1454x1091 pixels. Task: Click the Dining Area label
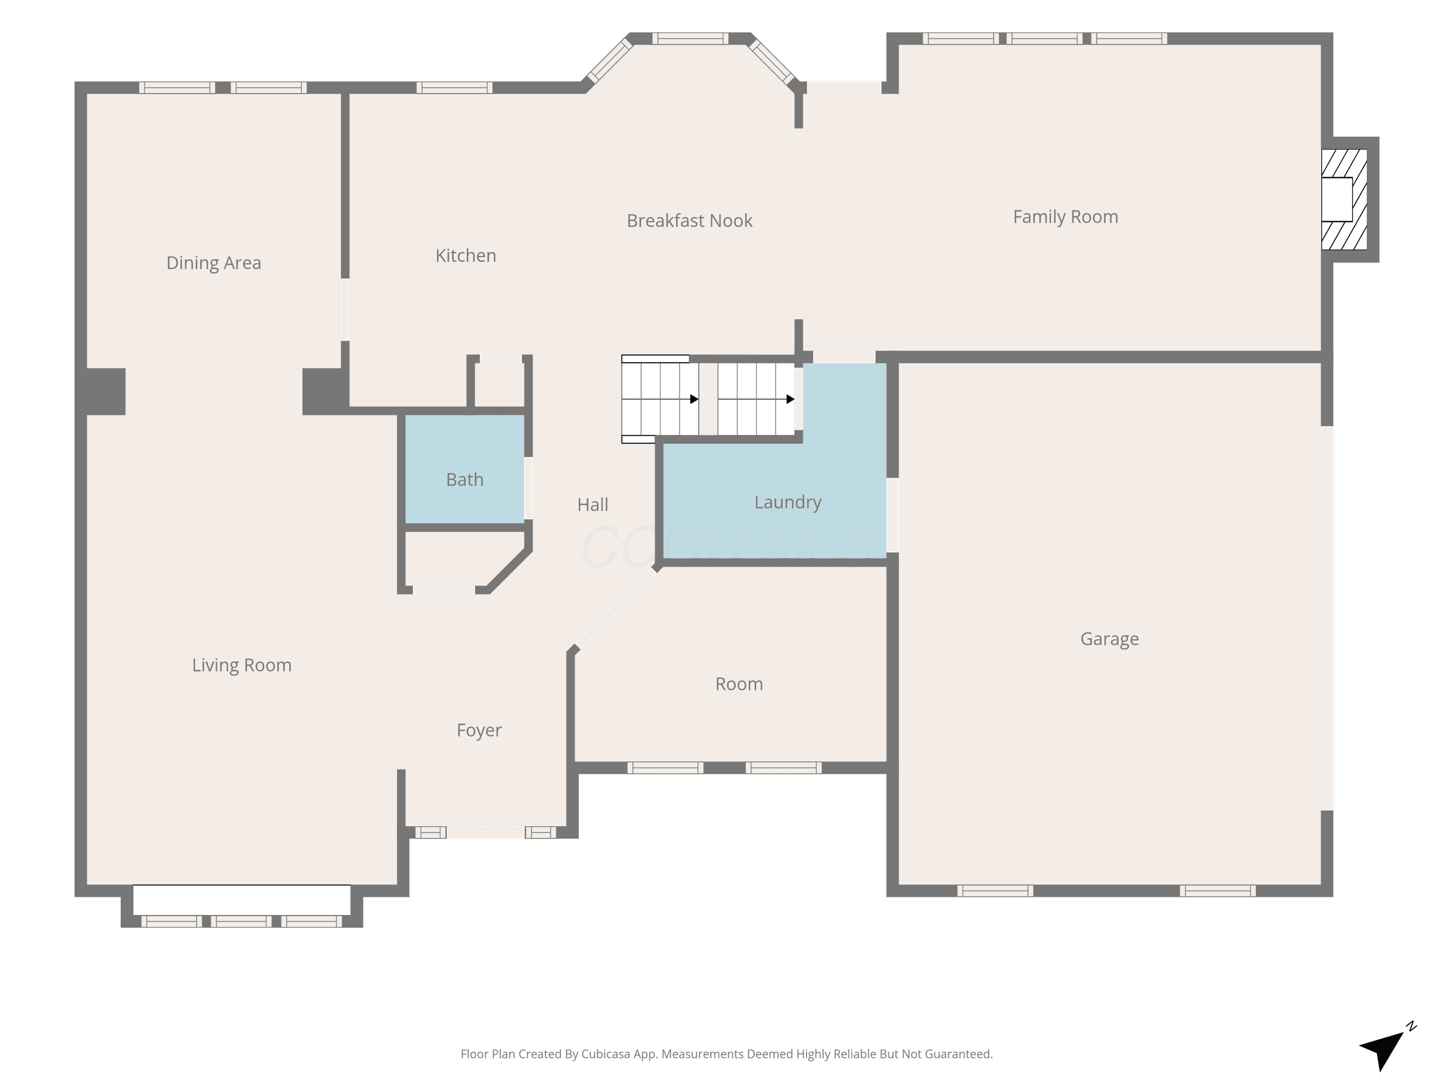(x=214, y=263)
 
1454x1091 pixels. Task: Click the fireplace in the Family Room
(x=1344, y=199)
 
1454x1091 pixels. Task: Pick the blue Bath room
(x=465, y=469)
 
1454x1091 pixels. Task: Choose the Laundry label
(x=788, y=502)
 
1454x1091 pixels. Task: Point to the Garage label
(x=1109, y=639)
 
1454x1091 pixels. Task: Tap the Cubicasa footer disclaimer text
(x=727, y=1054)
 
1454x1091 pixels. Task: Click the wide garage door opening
(x=1327, y=618)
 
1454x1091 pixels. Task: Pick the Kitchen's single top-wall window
(x=454, y=87)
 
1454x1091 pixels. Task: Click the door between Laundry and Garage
(x=893, y=515)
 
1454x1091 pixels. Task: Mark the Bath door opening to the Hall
(x=528, y=488)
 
